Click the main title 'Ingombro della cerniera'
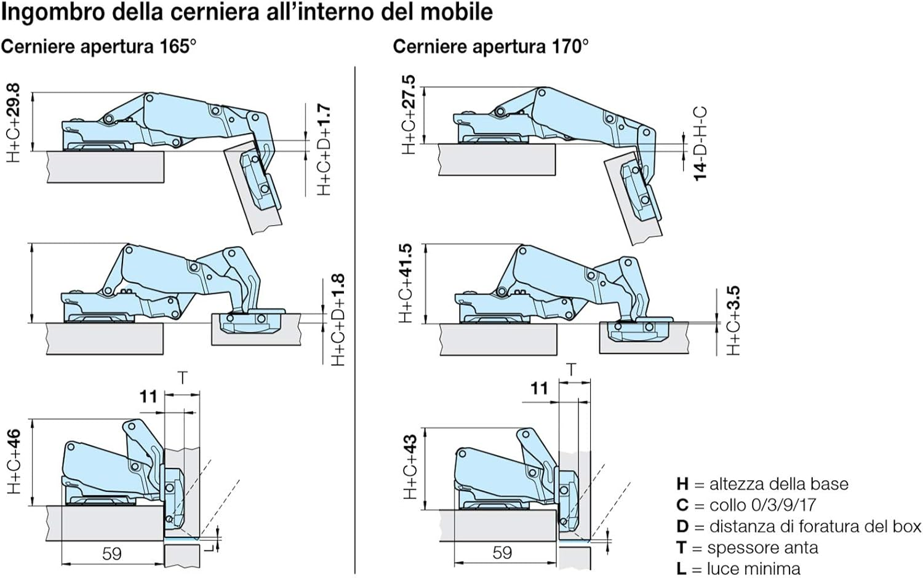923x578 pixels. (x=246, y=12)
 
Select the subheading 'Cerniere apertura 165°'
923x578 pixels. (x=98, y=47)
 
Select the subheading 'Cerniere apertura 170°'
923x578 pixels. (x=490, y=47)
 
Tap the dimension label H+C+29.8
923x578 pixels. (x=14, y=123)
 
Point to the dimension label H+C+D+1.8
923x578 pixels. (x=338, y=320)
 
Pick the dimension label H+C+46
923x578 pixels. (x=14, y=461)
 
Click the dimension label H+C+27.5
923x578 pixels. (x=408, y=115)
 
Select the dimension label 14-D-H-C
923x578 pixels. (x=700, y=143)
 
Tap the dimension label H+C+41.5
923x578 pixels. (x=406, y=283)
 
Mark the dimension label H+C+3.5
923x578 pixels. (x=733, y=320)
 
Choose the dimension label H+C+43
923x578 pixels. (x=410, y=467)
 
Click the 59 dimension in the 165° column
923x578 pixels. (x=111, y=553)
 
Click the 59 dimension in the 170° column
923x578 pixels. (x=502, y=552)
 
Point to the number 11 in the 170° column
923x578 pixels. (x=539, y=388)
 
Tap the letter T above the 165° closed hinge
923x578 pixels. (x=182, y=377)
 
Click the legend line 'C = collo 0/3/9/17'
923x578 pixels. (x=746, y=505)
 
